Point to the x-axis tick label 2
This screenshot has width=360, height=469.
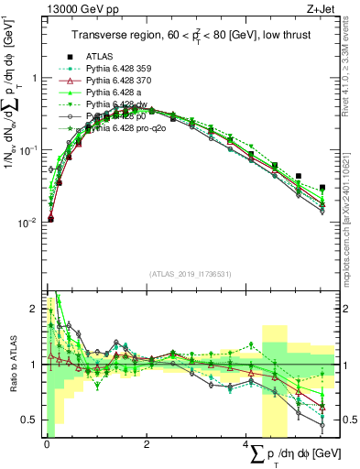click(147, 444)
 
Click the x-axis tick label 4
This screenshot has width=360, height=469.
click(246, 444)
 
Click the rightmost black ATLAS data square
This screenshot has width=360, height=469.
click(322, 187)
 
